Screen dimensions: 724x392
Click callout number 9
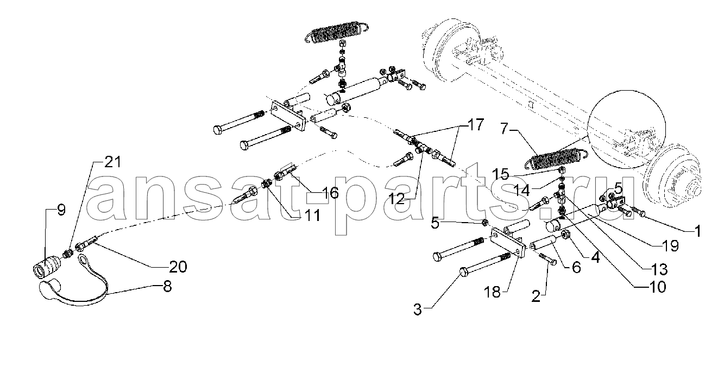61,210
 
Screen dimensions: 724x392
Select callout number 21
112,162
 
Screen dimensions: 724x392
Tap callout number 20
178,267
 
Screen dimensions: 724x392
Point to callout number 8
167,286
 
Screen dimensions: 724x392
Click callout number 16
329,193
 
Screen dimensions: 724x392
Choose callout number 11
312,216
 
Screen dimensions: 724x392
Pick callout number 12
396,199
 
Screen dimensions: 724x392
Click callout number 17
475,124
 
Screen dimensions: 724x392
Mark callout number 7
506,128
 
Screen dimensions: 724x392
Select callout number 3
418,310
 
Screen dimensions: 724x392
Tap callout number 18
492,292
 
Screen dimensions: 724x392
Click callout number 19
670,246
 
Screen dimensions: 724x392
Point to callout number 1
698,231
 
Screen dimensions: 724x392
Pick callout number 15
500,174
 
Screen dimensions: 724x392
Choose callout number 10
657,287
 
